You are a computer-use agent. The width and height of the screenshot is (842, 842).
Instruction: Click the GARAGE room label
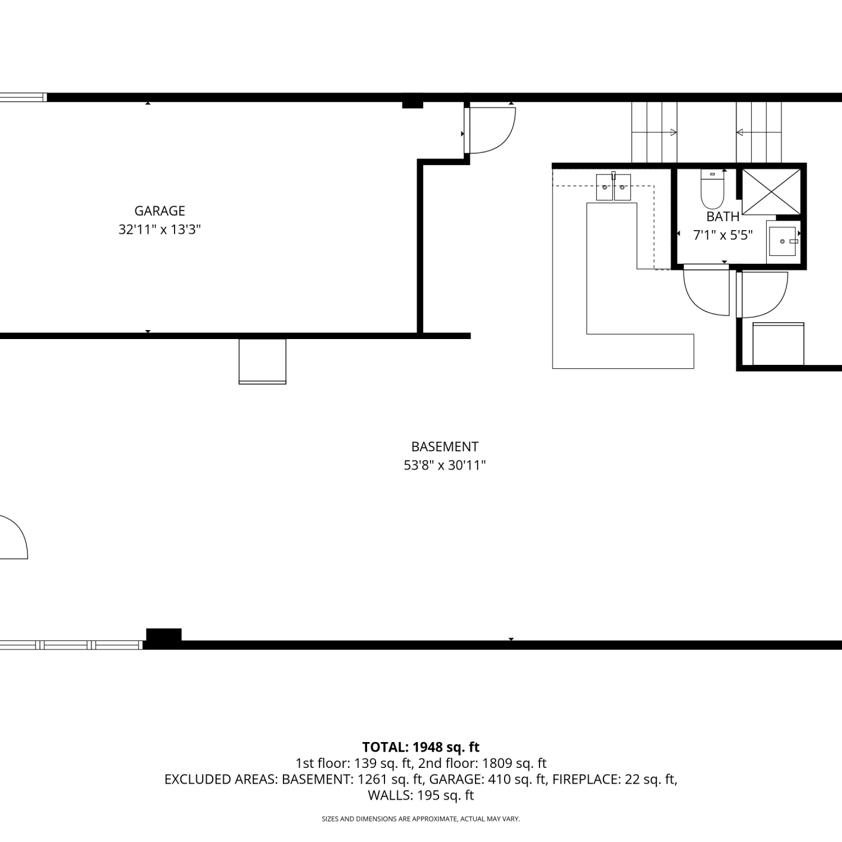[159, 211]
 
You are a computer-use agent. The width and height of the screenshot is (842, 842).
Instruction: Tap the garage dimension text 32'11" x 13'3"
[159, 230]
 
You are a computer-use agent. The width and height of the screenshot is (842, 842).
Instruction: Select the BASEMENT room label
[445, 447]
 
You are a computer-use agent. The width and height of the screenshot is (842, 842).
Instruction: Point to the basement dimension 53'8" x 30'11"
[445, 465]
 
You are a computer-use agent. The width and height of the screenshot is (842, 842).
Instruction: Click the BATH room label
[723, 217]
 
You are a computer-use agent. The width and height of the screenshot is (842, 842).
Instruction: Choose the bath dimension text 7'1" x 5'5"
[723, 235]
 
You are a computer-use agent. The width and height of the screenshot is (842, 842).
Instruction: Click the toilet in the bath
[713, 189]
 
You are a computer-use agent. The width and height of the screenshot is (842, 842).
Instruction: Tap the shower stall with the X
[772, 191]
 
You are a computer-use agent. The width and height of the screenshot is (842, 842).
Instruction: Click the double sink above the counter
[614, 187]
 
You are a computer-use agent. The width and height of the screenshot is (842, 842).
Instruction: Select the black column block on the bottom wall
[164, 635]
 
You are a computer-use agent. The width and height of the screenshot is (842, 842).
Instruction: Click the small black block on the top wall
[413, 104]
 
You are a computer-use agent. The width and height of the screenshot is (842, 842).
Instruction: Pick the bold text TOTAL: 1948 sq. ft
[421, 747]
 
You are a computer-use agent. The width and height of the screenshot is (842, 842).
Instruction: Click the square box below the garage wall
[263, 361]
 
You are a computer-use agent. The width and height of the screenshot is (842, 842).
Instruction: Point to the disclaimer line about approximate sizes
[421, 819]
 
